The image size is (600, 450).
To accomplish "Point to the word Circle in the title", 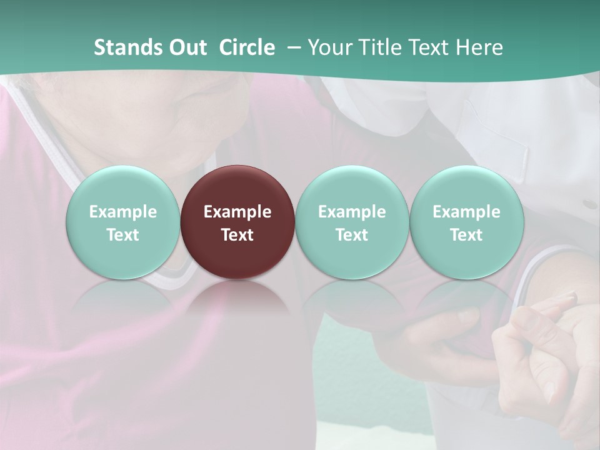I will [247, 47].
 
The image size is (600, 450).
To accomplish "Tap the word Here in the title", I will [480, 47].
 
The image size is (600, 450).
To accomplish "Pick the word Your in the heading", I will [329, 47].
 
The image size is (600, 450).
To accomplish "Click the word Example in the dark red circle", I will [237, 212].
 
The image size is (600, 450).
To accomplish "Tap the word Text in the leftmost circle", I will [122, 235].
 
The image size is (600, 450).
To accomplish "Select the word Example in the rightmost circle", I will [466, 212].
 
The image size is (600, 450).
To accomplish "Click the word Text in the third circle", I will [352, 235].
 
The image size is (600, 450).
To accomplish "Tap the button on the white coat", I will [589, 204].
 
